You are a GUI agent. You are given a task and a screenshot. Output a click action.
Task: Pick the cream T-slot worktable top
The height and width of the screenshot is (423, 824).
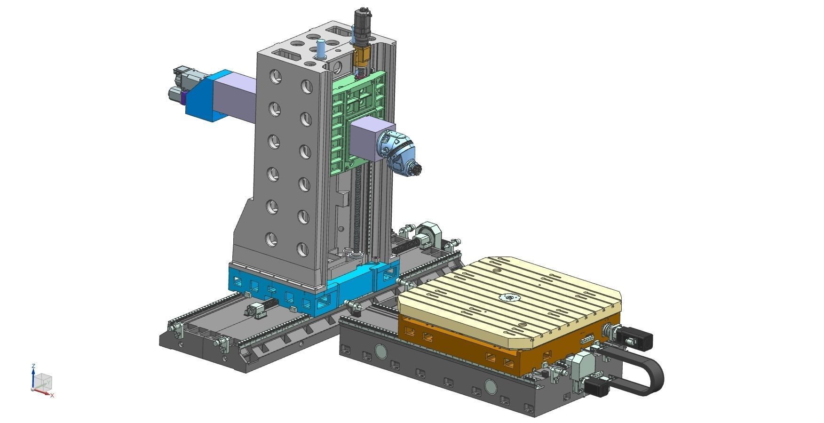[508, 292]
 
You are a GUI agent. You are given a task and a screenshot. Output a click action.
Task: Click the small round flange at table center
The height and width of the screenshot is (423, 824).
[508, 297]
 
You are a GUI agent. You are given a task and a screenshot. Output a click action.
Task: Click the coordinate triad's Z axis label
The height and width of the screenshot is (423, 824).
[33, 366]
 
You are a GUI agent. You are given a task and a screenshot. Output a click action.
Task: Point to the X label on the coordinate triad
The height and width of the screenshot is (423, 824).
[52, 396]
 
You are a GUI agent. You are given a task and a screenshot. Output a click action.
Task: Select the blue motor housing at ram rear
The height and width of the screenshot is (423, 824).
[202, 99]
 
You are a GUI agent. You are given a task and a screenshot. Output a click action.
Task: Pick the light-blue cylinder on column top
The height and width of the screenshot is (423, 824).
[321, 49]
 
